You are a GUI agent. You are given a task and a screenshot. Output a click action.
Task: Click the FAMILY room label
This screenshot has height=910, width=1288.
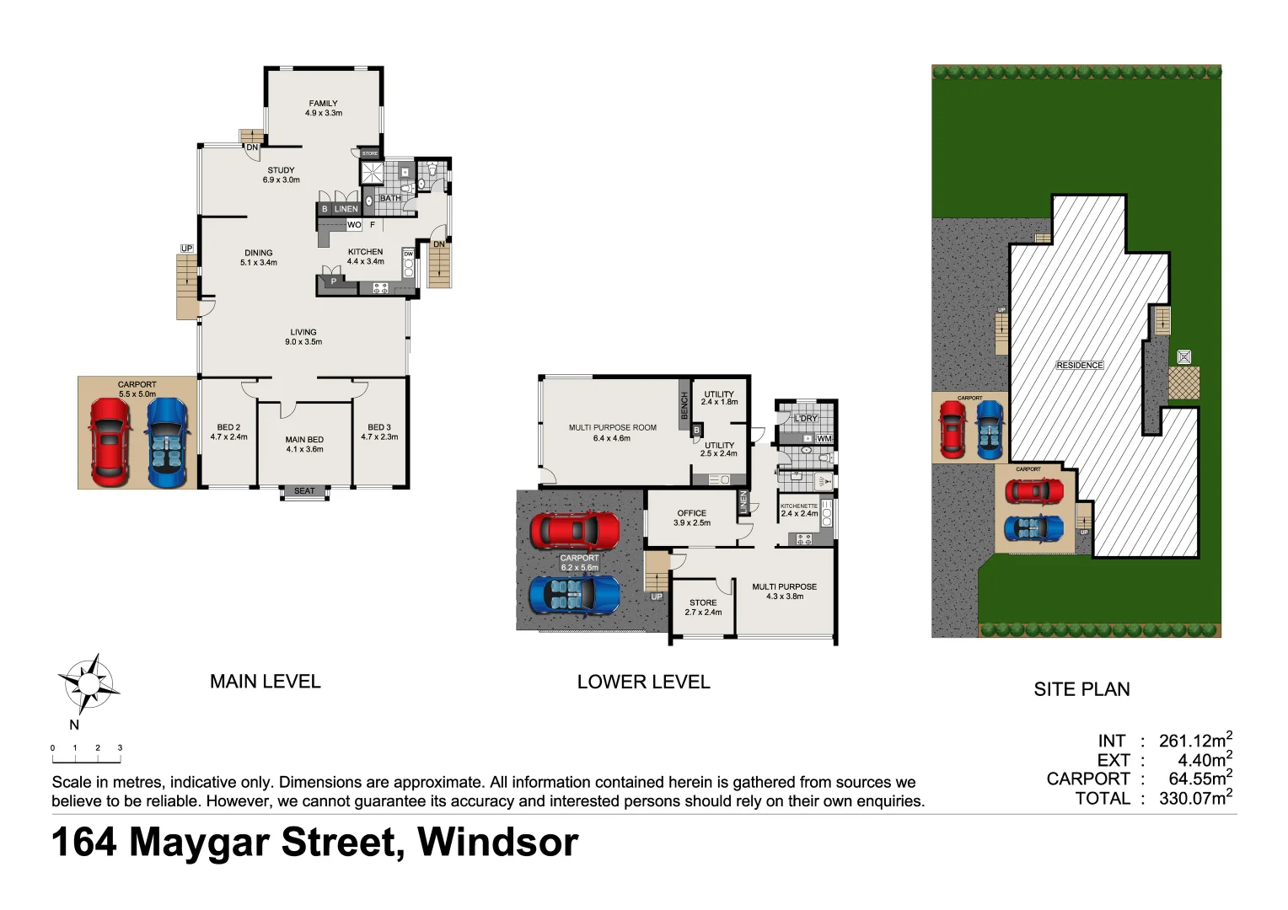pyautogui.click(x=323, y=104)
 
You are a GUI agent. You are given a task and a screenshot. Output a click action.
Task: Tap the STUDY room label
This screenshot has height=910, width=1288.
pyautogui.click(x=281, y=170)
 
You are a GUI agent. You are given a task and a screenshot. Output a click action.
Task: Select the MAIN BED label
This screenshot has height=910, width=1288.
pyautogui.click(x=304, y=440)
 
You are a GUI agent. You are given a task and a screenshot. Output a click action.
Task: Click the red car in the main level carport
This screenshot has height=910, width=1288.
pyautogui.click(x=110, y=442)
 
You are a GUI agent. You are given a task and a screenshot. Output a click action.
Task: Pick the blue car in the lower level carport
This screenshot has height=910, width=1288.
pyautogui.click(x=574, y=595)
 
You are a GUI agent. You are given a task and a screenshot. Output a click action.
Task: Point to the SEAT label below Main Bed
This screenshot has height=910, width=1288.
pyautogui.click(x=304, y=491)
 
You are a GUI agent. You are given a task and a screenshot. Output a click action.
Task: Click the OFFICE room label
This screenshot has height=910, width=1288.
pyautogui.click(x=691, y=513)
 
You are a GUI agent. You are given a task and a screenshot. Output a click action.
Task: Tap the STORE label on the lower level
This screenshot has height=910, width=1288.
pyautogui.click(x=703, y=602)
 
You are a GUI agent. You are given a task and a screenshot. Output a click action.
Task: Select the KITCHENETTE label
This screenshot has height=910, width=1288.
pyautogui.click(x=798, y=506)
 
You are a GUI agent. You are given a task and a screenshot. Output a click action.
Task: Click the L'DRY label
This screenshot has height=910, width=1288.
pyautogui.click(x=806, y=419)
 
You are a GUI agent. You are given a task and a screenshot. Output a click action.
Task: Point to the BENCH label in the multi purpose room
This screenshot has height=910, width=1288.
pyautogui.click(x=684, y=405)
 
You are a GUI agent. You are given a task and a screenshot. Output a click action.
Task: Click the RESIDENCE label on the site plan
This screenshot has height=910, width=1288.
pyautogui.click(x=1080, y=366)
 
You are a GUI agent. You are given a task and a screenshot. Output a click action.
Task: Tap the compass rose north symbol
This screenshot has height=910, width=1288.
pyautogui.click(x=88, y=683)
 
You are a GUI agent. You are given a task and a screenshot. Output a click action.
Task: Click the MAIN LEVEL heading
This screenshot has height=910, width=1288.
pyautogui.click(x=266, y=682)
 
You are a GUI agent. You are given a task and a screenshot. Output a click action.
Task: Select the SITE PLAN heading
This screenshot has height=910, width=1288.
pyautogui.click(x=1081, y=689)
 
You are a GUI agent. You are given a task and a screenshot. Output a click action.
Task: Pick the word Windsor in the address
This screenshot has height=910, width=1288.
pyautogui.click(x=497, y=842)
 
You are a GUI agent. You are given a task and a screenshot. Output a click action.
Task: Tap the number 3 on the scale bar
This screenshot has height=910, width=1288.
pyautogui.click(x=120, y=748)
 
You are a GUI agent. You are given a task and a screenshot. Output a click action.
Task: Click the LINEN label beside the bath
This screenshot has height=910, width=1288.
pyautogui.click(x=346, y=209)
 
